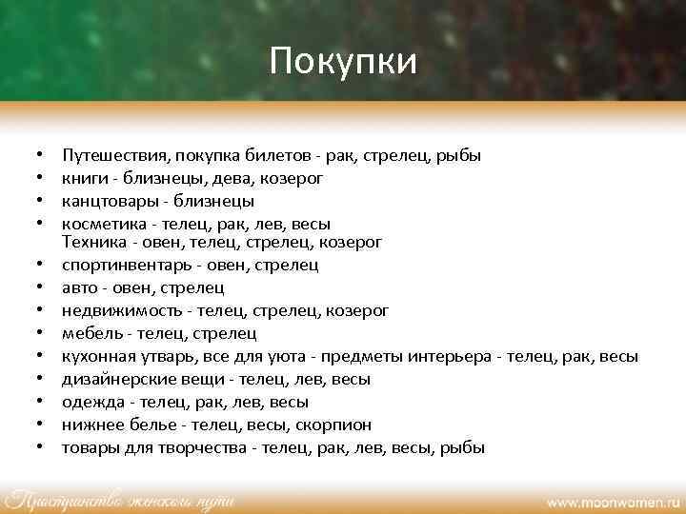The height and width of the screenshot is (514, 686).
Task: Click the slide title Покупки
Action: tap(343, 63)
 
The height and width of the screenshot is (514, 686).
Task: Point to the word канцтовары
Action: tap(104, 201)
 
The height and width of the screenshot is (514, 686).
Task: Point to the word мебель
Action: tap(91, 333)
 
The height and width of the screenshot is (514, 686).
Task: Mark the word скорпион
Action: tap(335, 425)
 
